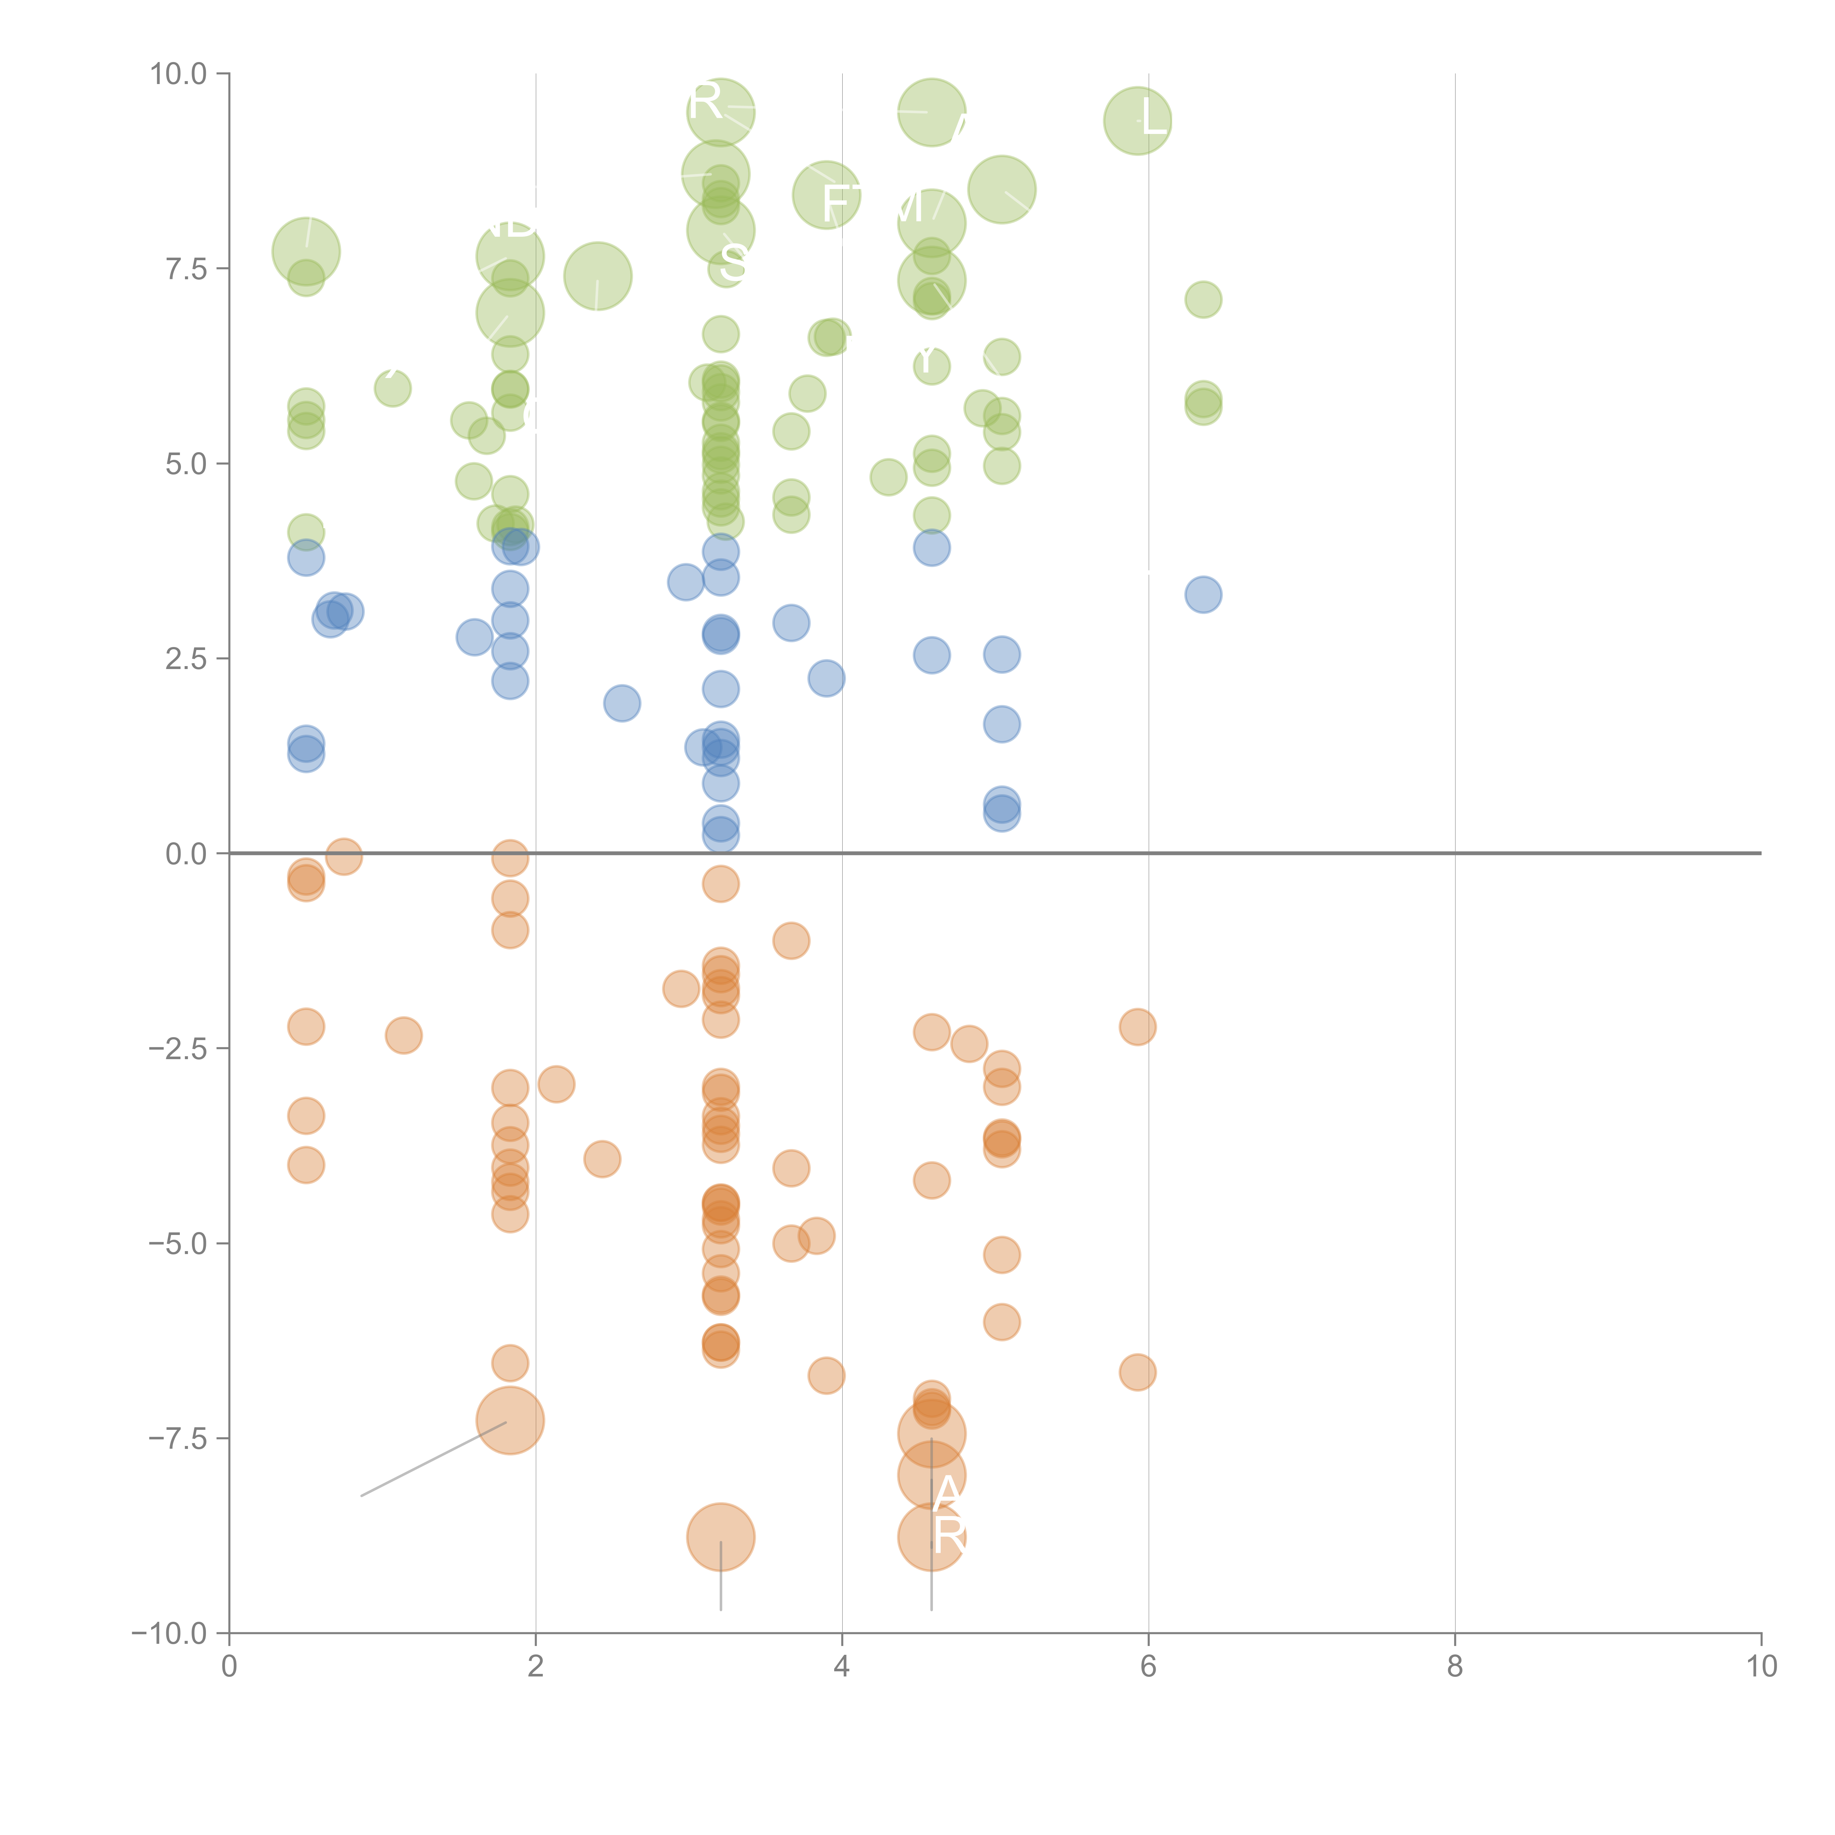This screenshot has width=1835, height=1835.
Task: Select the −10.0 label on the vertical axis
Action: pos(169,1634)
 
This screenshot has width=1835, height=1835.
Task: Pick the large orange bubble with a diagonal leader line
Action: pos(510,1421)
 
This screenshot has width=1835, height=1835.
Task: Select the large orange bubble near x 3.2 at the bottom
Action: pos(721,1537)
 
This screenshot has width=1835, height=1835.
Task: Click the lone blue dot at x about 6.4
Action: pos(1203,595)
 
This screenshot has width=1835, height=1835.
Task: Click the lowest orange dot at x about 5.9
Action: pos(1138,1371)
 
